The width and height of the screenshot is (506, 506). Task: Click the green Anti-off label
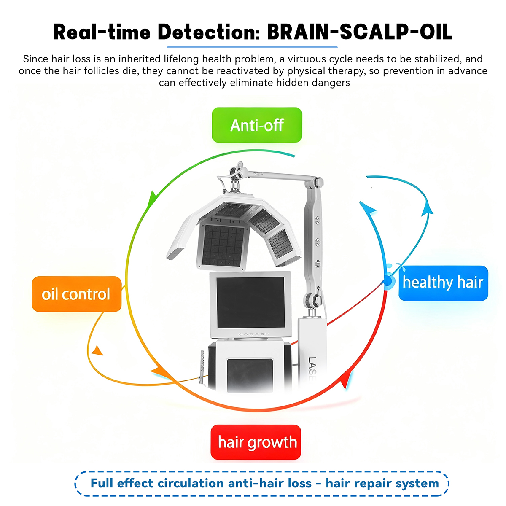pyautogui.click(x=257, y=125)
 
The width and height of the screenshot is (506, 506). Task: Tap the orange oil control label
pyautogui.click(x=76, y=294)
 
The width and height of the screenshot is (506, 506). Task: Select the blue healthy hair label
pyautogui.click(x=443, y=283)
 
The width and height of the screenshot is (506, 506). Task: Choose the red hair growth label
pyautogui.click(x=256, y=442)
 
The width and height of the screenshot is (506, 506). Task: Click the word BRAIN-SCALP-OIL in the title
pyautogui.click(x=360, y=32)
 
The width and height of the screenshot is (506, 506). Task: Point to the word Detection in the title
pyautogui.click(x=209, y=32)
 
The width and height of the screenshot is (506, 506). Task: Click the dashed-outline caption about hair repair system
pyautogui.click(x=262, y=483)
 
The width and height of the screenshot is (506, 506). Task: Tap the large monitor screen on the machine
pyautogui.click(x=250, y=302)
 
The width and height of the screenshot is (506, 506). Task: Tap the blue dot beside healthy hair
pyautogui.click(x=387, y=281)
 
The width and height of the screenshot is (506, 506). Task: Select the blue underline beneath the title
pyautogui.click(x=252, y=47)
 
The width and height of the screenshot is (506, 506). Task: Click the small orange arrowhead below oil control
pyautogui.click(x=98, y=350)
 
